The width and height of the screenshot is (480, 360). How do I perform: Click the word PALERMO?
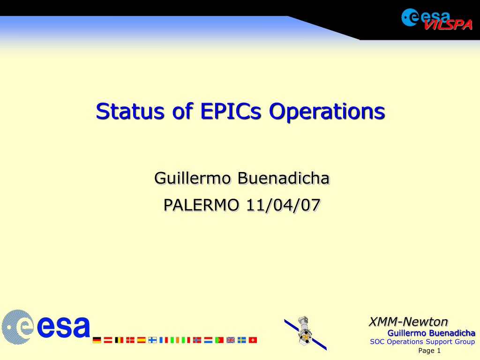[201, 205]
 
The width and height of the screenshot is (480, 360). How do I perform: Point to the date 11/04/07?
[283, 205]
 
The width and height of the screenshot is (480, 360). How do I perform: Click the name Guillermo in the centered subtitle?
[192, 178]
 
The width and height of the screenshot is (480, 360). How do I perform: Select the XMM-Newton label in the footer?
[408, 322]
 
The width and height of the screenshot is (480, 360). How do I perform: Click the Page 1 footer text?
[429, 351]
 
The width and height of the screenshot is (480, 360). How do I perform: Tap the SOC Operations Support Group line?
[422, 342]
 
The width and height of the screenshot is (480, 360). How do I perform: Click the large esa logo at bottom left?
[46, 327]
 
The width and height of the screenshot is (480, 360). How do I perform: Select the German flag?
[97, 340]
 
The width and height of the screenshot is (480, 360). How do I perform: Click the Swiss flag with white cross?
[253, 340]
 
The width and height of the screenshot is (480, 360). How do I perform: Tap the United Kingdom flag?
[231, 340]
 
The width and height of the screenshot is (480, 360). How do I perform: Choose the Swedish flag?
[242, 340]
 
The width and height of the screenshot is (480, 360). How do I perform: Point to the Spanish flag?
[142, 340]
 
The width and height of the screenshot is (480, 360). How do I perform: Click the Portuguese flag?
[219, 340]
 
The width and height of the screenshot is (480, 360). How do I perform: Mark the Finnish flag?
[152, 340]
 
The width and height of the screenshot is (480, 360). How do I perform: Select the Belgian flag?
[119, 340]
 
